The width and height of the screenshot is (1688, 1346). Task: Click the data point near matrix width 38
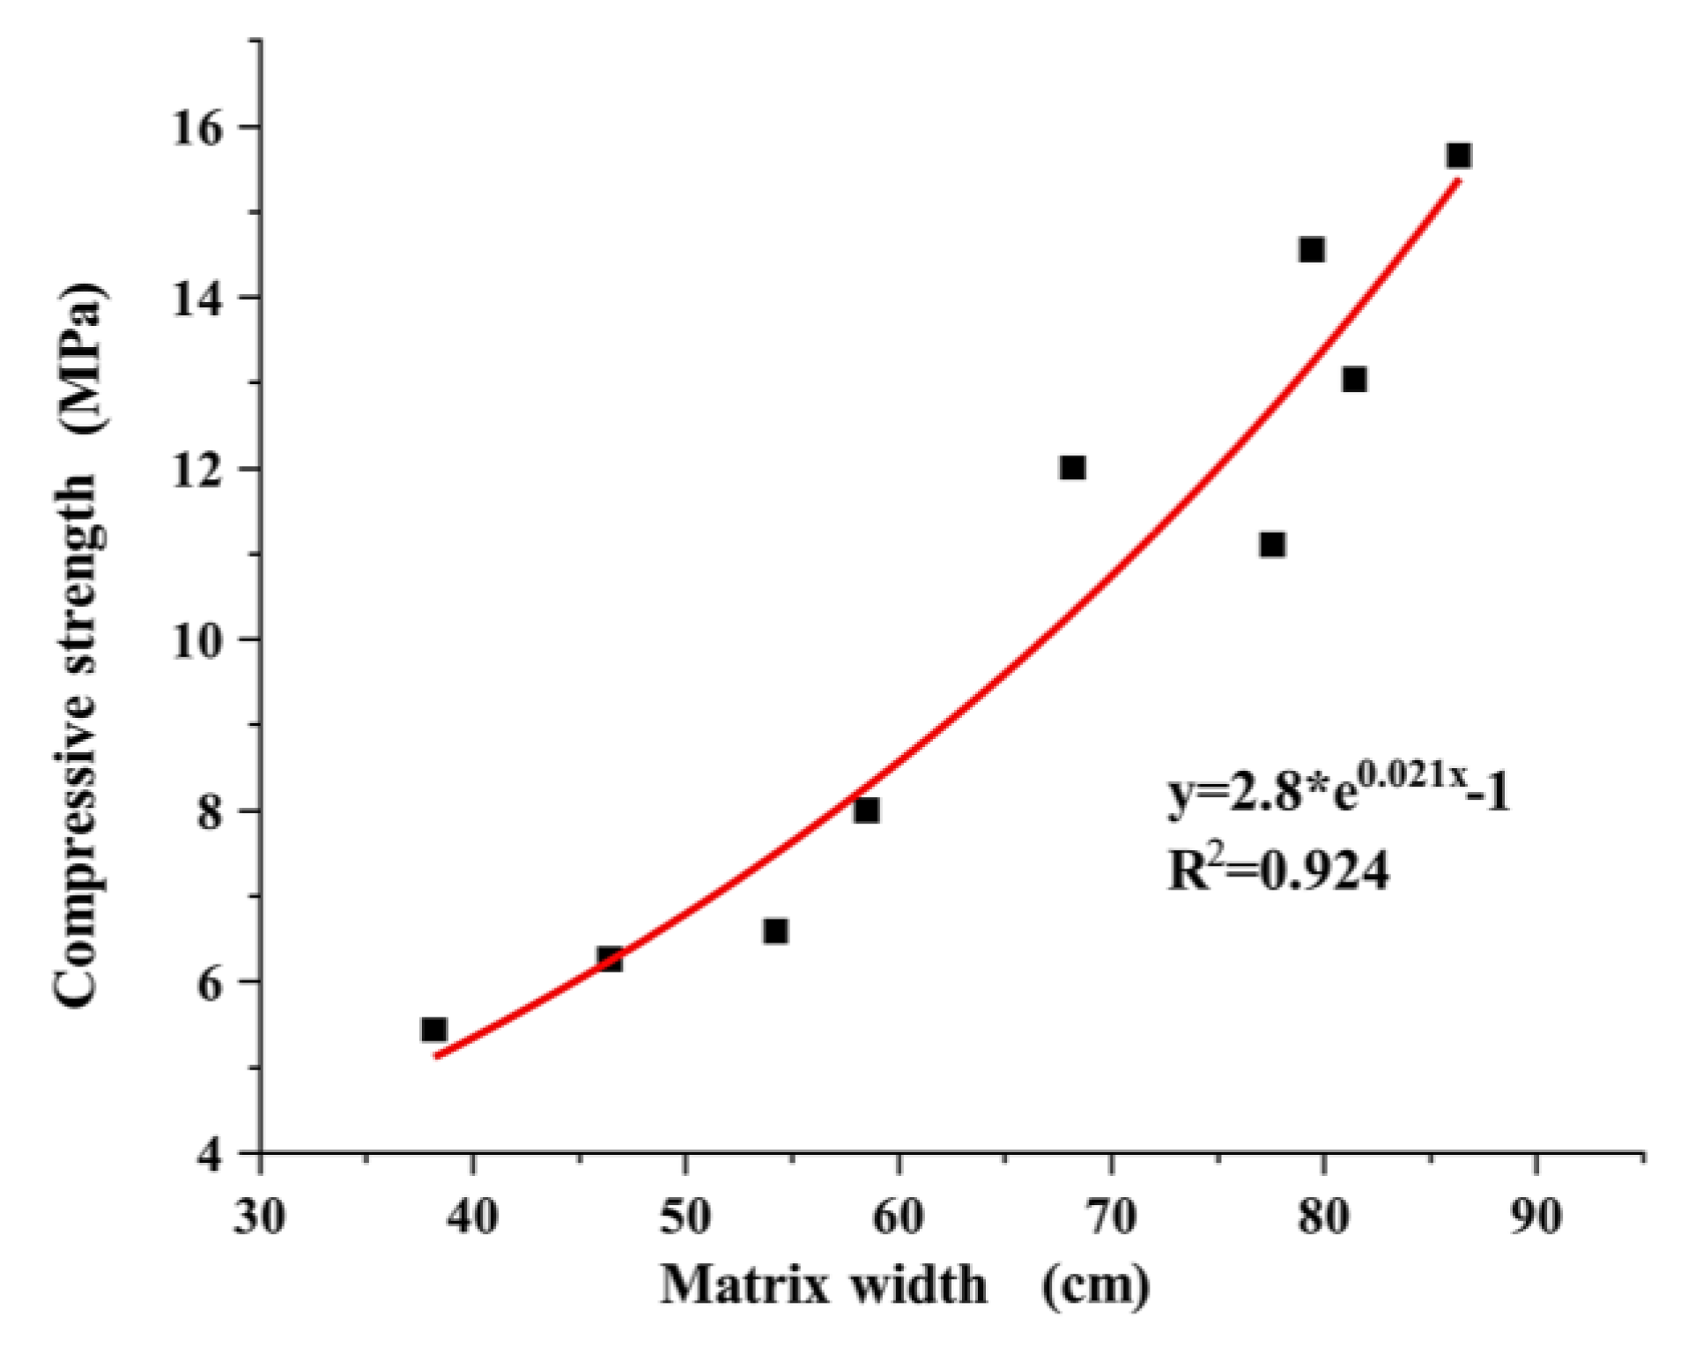pos(433,1029)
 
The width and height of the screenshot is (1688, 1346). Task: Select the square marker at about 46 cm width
pos(610,959)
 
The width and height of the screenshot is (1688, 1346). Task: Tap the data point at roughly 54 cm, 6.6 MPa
pos(775,931)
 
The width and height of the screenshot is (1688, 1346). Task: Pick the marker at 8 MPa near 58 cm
pos(866,810)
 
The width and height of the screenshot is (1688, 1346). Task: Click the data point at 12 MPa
pos(1072,468)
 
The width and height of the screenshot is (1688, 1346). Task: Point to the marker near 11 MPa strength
pos(1272,545)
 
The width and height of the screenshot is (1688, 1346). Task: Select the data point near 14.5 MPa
pos(1312,250)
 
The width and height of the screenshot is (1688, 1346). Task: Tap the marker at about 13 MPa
pos(1354,380)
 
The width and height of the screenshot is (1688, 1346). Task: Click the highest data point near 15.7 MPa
pos(1458,156)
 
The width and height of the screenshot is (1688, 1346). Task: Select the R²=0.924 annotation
pos(1277,871)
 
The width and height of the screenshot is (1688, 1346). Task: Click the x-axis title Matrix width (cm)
pos(906,1285)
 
